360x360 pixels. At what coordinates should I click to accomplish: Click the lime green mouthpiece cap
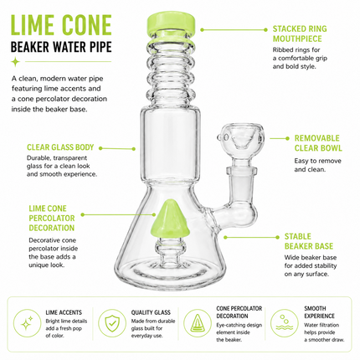(x=170, y=23)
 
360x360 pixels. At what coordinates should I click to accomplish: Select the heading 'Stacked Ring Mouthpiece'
(x=300, y=33)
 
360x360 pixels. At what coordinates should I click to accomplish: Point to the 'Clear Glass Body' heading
(x=60, y=147)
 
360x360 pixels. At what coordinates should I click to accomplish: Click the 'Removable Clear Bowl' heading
(x=318, y=143)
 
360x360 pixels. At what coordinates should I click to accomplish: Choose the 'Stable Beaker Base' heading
(x=309, y=241)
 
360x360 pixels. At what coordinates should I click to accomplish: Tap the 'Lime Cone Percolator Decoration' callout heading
(x=52, y=219)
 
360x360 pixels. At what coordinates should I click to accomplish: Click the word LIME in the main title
(x=34, y=25)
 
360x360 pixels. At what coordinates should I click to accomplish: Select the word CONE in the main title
(x=87, y=25)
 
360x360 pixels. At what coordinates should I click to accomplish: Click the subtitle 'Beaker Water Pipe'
(x=61, y=47)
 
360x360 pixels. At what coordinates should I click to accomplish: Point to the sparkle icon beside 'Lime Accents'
(x=27, y=323)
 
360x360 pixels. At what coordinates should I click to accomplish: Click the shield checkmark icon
(x=112, y=323)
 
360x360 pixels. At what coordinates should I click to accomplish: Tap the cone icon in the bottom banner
(x=198, y=323)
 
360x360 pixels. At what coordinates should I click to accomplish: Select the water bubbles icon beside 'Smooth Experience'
(x=285, y=323)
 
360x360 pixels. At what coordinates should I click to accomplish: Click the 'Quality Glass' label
(x=151, y=312)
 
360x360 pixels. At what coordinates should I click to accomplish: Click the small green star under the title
(x=15, y=62)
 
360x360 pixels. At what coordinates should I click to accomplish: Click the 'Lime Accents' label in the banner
(x=64, y=312)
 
